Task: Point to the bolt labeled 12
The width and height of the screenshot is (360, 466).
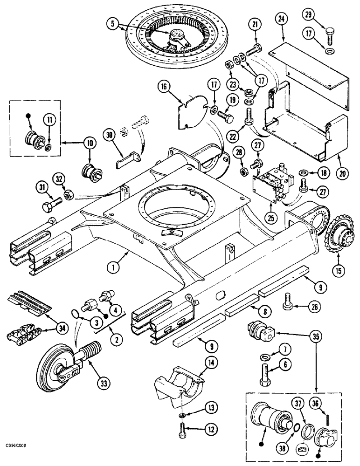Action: (x=181, y=429)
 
